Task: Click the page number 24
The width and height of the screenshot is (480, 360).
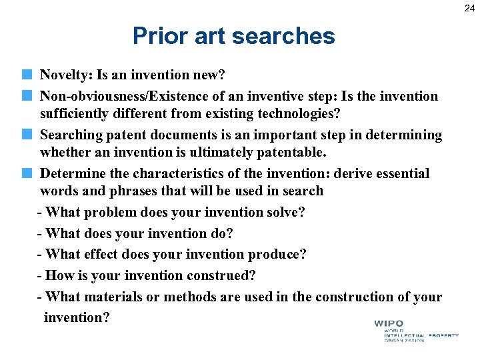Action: tap(470, 8)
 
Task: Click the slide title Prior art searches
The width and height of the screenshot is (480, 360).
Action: tap(233, 36)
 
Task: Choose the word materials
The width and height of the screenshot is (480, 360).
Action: tap(112, 297)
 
